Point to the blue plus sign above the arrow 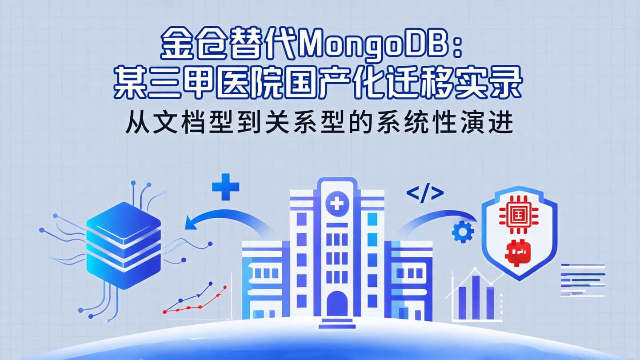pyautogui.click(x=226, y=187)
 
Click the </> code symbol pyautogui.click(x=425, y=194)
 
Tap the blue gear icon pyautogui.click(x=463, y=232)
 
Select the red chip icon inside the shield pyautogui.click(x=519, y=212)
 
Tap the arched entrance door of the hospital pyautogui.click(x=337, y=304)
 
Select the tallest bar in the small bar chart pyautogui.click(x=476, y=297)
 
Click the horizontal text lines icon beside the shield pyautogui.click(x=583, y=280)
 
